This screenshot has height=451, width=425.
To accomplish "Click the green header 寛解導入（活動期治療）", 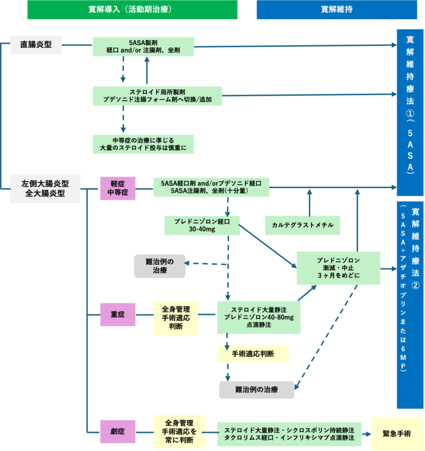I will click(132, 10).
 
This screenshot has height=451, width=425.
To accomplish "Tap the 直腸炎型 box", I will click(36, 45).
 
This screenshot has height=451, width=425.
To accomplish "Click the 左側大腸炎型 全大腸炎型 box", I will click(45, 188).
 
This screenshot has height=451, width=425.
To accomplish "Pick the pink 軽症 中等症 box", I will click(118, 188).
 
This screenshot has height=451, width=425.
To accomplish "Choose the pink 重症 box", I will click(118, 315).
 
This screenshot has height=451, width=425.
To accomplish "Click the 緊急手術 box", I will click(396, 433).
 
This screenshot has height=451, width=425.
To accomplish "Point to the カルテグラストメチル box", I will click(302, 225).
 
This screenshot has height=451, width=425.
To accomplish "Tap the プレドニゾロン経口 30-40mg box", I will click(201, 225).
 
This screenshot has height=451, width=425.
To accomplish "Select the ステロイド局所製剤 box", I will click(157, 96).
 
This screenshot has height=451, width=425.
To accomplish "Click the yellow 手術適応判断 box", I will click(253, 354).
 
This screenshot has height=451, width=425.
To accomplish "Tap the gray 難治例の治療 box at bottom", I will click(257, 389).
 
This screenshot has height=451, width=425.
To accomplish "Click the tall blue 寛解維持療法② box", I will click(410, 305).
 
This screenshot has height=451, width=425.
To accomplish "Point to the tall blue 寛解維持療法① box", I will click(410, 105).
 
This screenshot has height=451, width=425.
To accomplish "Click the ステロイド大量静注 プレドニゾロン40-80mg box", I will click(259, 317).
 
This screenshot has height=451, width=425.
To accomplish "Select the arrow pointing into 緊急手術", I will click(367, 432).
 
